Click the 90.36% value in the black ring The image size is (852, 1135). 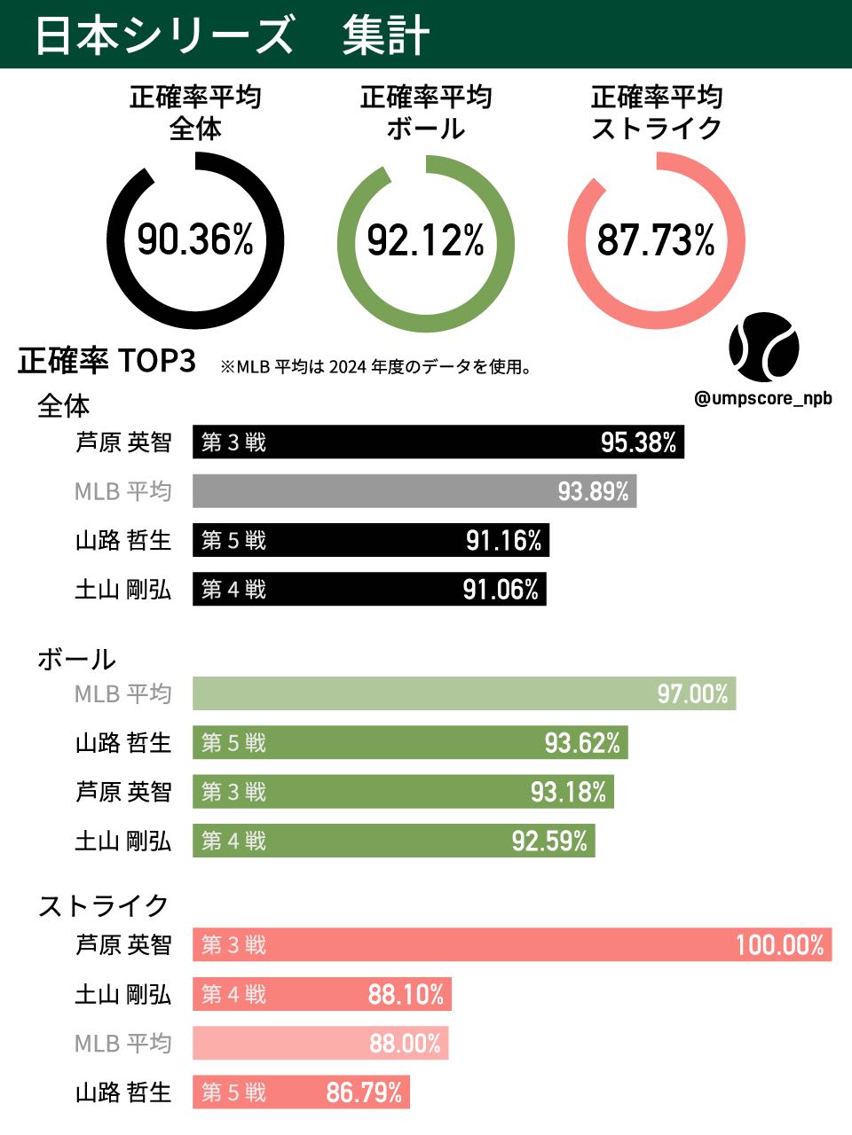(x=195, y=240)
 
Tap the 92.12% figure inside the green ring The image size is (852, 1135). (x=426, y=240)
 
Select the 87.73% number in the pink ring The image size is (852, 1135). (x=656, y=240)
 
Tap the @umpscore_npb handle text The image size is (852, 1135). (x=763, y=398)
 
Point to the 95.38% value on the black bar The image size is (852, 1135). (x=638, y=442)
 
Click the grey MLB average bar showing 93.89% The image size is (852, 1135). (x=414, y=491)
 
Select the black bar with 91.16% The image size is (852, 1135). (x=371, y=540)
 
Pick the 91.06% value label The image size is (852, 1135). (x=501, y=590)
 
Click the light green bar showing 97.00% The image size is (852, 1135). (x=464, y=693)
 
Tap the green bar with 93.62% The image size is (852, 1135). (x=410, y=742)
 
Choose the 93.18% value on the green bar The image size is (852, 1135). (x=568, y=792)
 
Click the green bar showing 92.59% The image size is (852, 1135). (x=394, y=841)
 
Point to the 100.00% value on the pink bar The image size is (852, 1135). (x=779, y=945)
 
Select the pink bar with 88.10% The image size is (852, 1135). (x=322, y=995)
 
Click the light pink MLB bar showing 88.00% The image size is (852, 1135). (x=320, y=1044)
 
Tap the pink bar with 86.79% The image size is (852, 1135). (x=301, y=1092)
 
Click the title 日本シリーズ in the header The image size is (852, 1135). (x=164, y=35)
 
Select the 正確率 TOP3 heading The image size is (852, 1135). (x=106, y=362)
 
